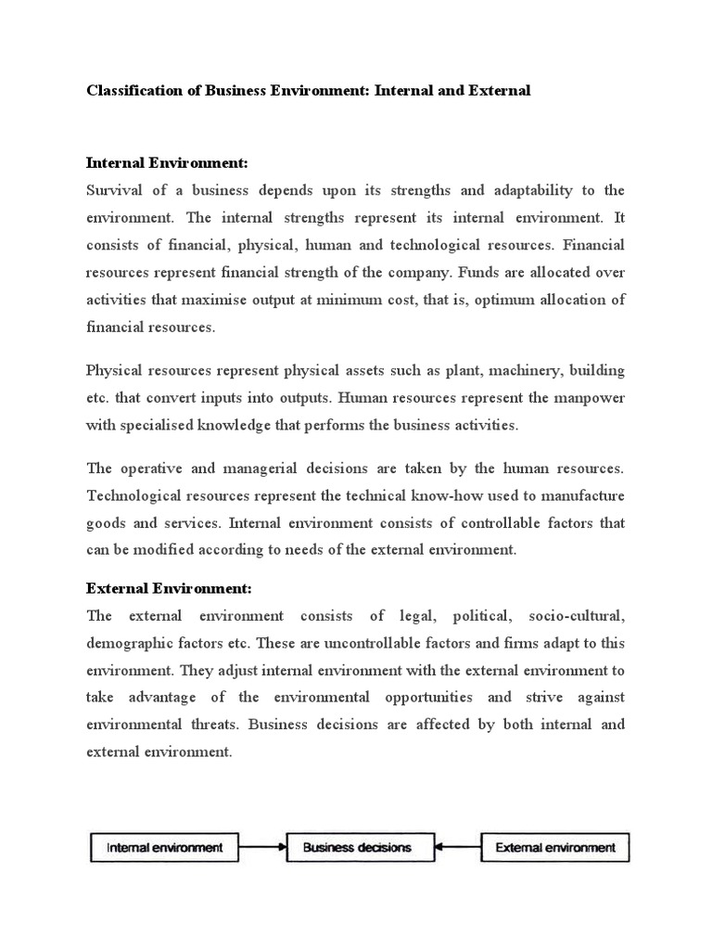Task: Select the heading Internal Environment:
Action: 167,163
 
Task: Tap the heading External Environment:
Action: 169,588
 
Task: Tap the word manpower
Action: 591,398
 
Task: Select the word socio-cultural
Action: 577,616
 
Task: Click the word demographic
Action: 128,643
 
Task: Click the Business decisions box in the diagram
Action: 356,846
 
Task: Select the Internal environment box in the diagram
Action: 165,846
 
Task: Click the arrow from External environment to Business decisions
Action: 449,846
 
